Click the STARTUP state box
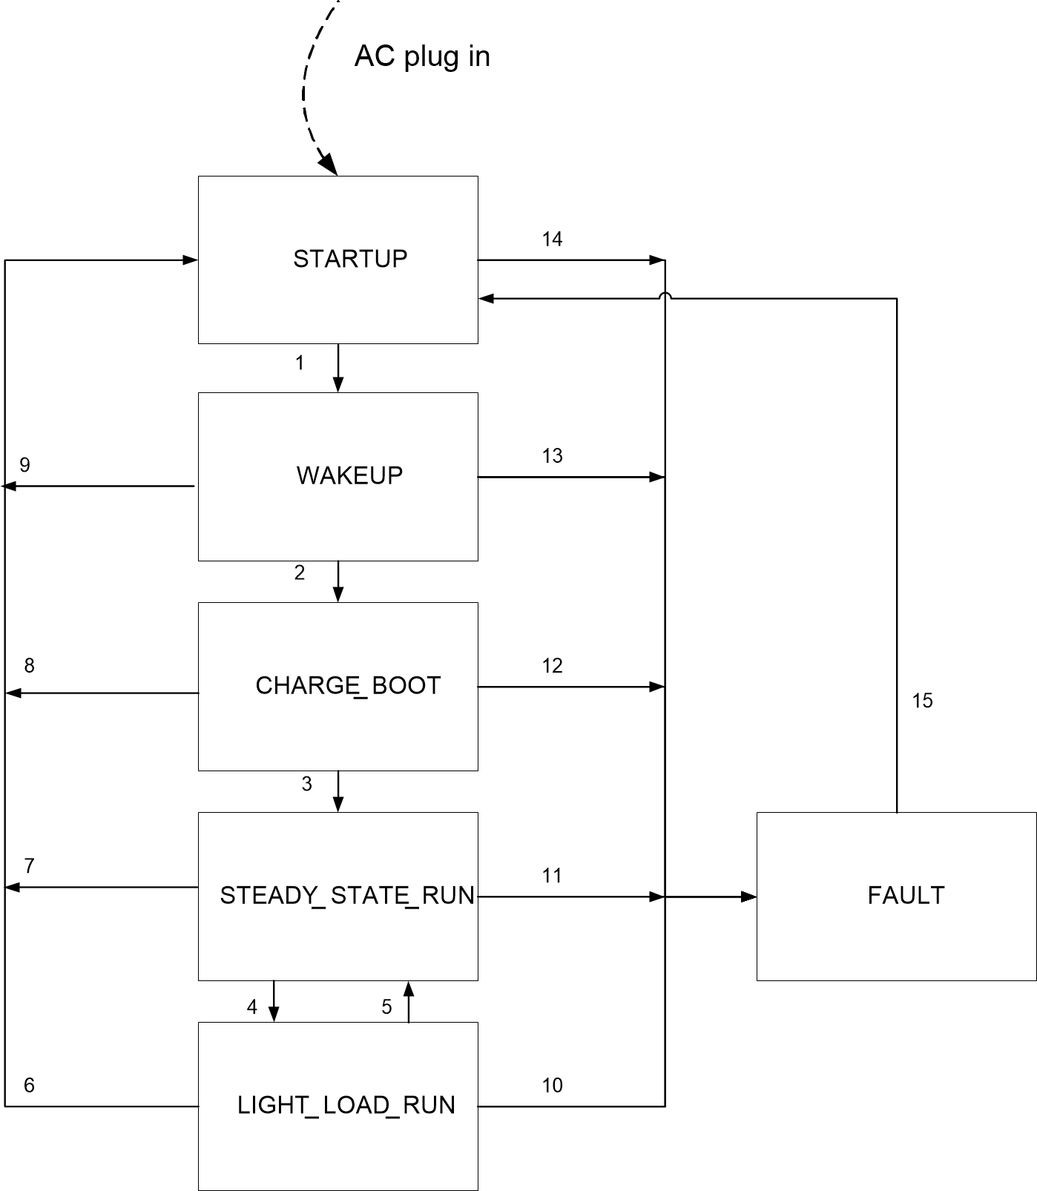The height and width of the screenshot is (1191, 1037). click(x=338, y=260)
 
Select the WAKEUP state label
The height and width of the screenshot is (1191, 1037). click(x=349, y=475)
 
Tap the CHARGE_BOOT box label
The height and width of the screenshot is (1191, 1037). click(x=348, y=685)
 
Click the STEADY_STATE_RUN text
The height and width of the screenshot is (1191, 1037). click(x=347, y=895)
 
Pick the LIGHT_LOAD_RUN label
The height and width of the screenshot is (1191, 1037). click(x=346, y=1105)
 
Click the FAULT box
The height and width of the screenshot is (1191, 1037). click(x=896, y=896)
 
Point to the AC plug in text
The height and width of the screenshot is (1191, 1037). click(x=422, y=56)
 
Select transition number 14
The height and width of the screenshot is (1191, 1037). click(x=552, y=239)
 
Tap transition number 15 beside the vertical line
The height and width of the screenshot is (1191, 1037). click(x=922, y=701)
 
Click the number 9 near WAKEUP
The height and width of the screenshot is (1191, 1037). click(x=24, y=465)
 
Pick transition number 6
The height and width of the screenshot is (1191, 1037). click(x=29, y=1085)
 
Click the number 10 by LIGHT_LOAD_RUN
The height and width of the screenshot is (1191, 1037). click(x=552, y=1085)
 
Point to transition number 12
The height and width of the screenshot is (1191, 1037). click(x=552, y=665)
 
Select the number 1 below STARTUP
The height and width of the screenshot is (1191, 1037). click(x=300, y=363)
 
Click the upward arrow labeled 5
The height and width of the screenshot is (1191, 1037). click(x=409, y=1001)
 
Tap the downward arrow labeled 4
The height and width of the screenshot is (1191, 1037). click(x=274, y=1001)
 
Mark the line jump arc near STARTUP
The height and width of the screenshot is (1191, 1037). click(x=665, y=297)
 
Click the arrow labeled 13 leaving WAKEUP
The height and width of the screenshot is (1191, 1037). click(x=571, y=477)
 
